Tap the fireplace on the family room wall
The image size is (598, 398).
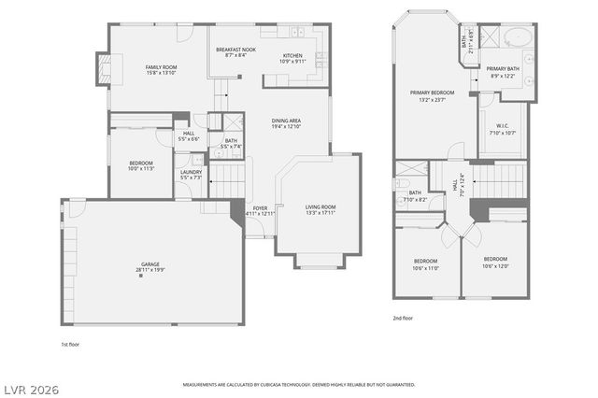pyautogui.click(x=103, y=68)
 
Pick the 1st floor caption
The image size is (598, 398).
pyautogui.click(x=70, y=344)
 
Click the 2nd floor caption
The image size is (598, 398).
pyautogui.click(x=403, y=318)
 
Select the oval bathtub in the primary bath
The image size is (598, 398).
pyautogui.click(x=516, y=39)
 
